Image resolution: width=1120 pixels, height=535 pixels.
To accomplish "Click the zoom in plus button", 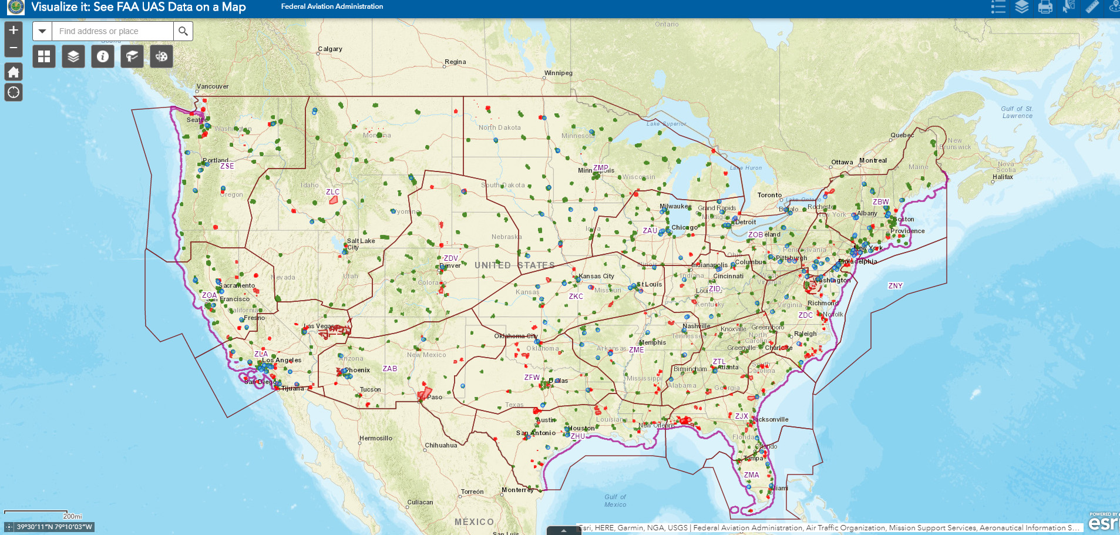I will pyautogui.click(x=14, y=30).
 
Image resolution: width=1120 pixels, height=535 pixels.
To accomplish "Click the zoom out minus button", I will pyautogui.click(x=14, y=48).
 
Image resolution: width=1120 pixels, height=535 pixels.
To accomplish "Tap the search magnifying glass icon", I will pyautogui.click(x=183, y=31).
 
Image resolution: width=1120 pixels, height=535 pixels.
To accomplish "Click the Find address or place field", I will pyautogui.click(x=113, y=31).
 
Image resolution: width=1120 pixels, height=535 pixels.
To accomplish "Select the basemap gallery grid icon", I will pyautogui.click(x=44, y=56).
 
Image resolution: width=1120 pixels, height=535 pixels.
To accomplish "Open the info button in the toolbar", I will pyautogui.click(x=103, y=56).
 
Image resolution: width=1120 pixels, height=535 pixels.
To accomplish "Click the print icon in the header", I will pyautogui.click(x=1045, y=7).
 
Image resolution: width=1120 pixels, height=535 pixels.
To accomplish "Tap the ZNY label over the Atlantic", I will pyautogui.click(x=895, y=286).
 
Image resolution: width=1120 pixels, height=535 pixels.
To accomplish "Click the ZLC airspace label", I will pyautogui.click(x=332, y=192).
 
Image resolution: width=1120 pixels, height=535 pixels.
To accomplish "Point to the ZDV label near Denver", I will pyautogui.click(x=450, y=258).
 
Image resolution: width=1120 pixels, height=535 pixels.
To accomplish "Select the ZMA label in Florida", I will pyautogui.click(x=751, y=475).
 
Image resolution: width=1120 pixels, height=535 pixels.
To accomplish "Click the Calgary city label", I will pyautogui.click(x=330, y=49).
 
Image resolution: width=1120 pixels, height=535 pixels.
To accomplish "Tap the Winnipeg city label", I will pyautogui.click(x=558, y=73).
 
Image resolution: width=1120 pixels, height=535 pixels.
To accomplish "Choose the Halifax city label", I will pyautogui.click(x=1003, y=177).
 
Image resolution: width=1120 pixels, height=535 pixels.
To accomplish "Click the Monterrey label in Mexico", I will pyautogui.click(x=517, y=490).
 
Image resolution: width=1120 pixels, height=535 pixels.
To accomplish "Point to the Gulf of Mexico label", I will pyautogui.click(x=615, y=500).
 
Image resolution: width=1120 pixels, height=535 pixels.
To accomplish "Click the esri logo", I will pyautogui.click(x=1103, y=522).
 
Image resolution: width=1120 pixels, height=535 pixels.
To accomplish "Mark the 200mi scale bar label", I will pyautogui.click(x=73, y=516).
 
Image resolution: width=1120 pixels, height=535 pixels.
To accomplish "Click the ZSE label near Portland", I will pyautogui.click(x=227, y=166).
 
